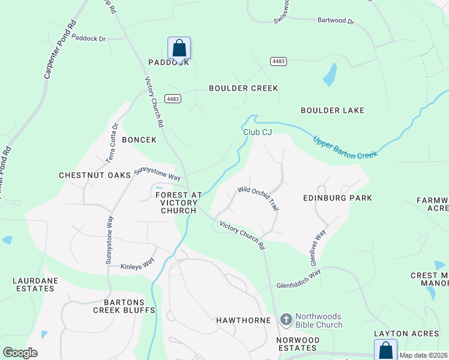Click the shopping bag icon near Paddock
[x=179, y=47]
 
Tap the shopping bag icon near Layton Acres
[x=385, y=350]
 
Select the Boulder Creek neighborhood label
[x=243, y=88]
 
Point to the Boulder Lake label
[x=333, y=110]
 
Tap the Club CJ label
[x=258, y=132]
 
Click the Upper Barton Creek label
[x=345, y=147]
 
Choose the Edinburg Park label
[x=337, y=198]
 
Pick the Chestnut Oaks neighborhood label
[x=95, y=175]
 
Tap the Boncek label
[x=139, y=140]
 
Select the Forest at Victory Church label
[x=178, y=203]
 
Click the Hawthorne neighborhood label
[x=243, y=320]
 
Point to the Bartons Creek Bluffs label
[x=124, y=305]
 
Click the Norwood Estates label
[x=297, y=344]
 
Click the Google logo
[x=20, y=353]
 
